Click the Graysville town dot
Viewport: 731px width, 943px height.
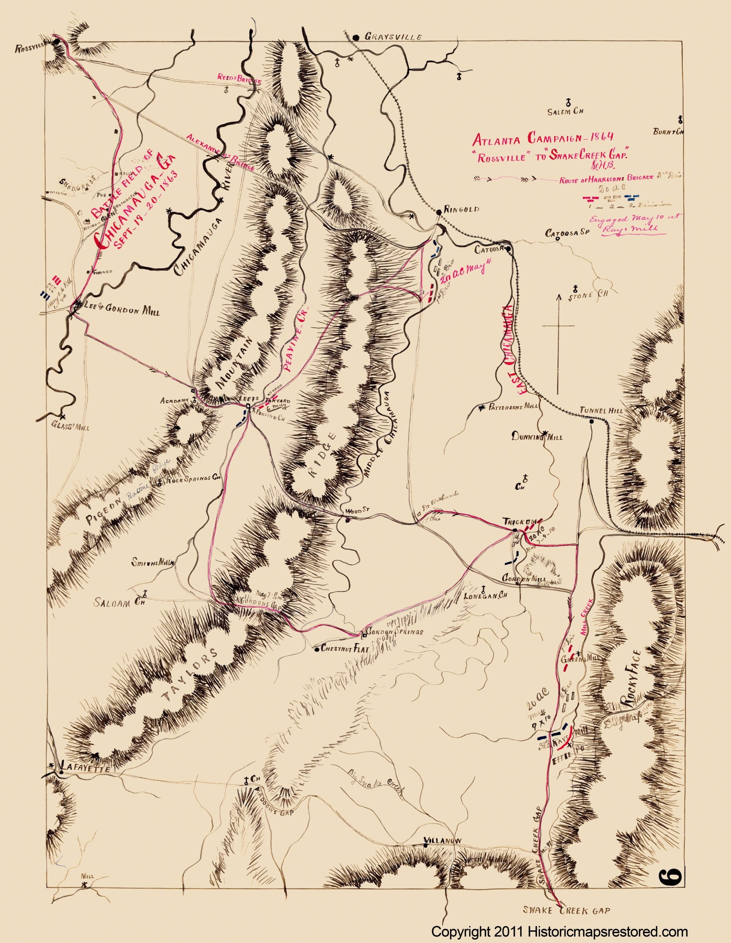coord(356,38)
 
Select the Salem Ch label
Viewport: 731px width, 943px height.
coord(565,111)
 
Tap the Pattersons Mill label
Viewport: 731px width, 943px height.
coord(513,407)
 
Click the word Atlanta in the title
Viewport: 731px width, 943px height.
coord(498,140)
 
